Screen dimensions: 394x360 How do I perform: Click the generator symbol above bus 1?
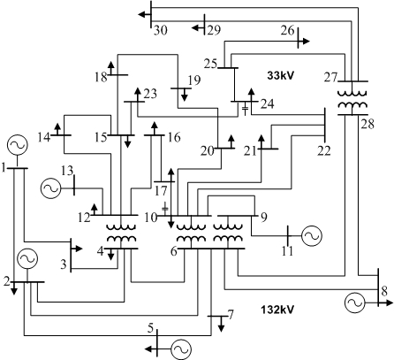[18, 145]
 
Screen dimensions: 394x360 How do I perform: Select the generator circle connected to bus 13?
[50, 188]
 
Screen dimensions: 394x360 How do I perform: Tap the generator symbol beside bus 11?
[312, 235]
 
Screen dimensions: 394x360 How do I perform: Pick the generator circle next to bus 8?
[354, 303]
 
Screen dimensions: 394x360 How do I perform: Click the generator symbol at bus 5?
[181, 349]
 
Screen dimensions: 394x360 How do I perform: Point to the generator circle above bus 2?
[27, 258]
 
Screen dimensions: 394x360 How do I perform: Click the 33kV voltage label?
[281, 75]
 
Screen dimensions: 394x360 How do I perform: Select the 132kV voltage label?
[277, 310]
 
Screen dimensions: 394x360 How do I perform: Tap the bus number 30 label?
[161, 30]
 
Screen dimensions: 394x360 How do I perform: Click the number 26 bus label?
[287, 30]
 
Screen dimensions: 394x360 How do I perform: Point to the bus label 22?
[324, 150]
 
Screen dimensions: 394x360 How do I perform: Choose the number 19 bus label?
[194, 80]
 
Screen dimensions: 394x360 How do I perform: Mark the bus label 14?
[44, 137]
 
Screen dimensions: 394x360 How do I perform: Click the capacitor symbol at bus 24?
[245, 109]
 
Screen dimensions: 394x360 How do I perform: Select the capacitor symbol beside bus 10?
[165, 208]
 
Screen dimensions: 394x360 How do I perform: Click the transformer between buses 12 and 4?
[121, 233]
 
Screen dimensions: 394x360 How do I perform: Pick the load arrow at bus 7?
[222, 324]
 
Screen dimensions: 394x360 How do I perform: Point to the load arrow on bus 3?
[77, 249]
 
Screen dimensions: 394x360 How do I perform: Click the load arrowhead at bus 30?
[142, 14]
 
